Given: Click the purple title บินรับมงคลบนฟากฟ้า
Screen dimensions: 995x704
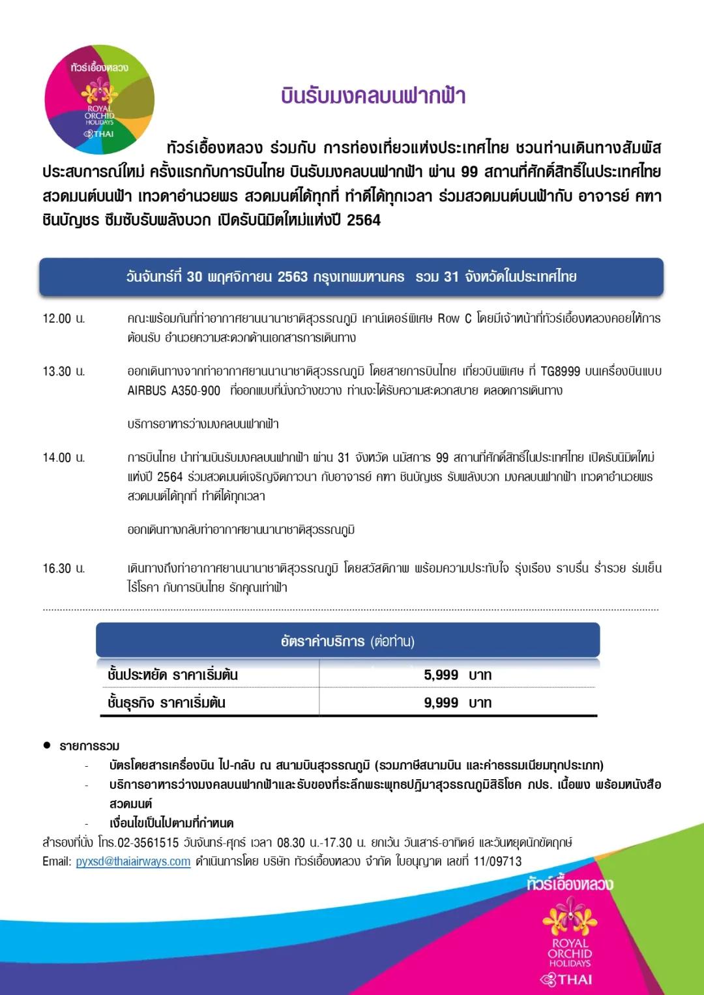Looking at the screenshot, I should coord(373,96).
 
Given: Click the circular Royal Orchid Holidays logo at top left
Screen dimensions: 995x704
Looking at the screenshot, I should coord(99,99).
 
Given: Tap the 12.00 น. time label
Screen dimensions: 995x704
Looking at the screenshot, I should coord(64,319).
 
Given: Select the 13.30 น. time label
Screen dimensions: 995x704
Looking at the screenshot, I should coord(64,372).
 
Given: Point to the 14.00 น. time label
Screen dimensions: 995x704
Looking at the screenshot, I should coord(64,458).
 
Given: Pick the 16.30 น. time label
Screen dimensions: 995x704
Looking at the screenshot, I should coord(64,569).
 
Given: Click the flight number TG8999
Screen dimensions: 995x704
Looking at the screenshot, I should coord(560,372).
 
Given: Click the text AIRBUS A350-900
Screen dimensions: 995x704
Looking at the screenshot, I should coord(174,391).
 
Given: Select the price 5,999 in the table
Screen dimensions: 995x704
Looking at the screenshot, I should coord(441,675).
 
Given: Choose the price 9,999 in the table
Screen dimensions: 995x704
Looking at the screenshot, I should coord(441,703).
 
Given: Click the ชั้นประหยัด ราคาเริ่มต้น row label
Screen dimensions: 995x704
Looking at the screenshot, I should coord(173,675).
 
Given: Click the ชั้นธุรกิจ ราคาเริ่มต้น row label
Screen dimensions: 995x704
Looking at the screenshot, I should coord(166,703).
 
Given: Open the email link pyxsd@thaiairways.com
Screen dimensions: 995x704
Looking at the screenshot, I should coord(133,861).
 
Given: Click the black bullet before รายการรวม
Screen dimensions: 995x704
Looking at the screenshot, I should coord(47,745).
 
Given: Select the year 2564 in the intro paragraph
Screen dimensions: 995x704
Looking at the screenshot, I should coord(363,220).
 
